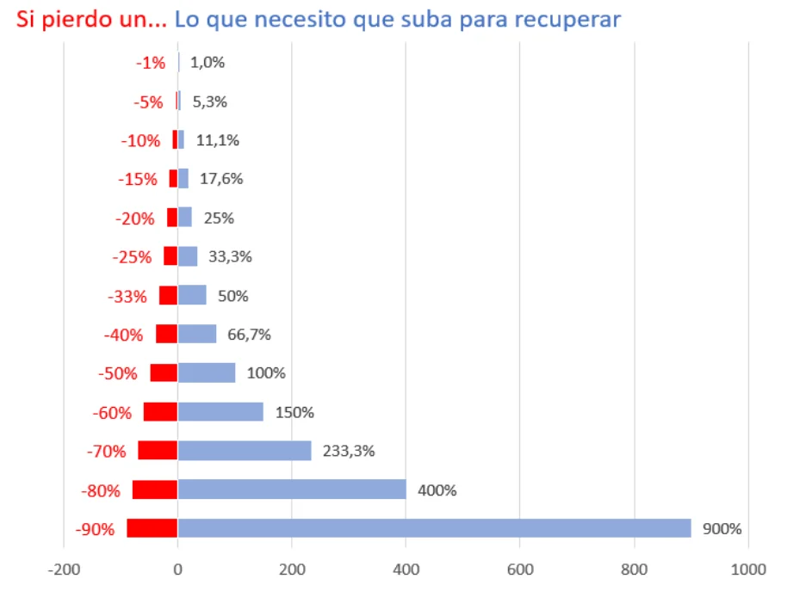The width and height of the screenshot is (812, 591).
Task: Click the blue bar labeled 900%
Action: [x=434, y=528]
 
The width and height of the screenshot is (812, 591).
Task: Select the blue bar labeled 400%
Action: [x=292, y=489]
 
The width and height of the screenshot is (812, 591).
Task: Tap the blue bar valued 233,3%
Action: [x=245, y=451]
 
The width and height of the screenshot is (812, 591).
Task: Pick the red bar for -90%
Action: [x=152, y=528]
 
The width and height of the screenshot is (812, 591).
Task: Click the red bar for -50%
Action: [x=164, y=372]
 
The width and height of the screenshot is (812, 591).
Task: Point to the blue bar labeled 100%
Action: [x=207, y=372]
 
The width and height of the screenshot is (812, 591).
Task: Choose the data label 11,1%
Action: [x=219, y=140]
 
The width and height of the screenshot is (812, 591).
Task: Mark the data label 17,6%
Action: [x=221, y=179]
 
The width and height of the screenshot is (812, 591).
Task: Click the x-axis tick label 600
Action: [x=519, y=569]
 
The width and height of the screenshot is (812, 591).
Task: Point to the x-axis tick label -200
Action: [x=63, y=569]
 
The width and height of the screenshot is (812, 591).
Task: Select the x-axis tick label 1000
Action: [x=747, y=569]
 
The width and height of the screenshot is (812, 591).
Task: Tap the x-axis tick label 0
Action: [x=177, y=569]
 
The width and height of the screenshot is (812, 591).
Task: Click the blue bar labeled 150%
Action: [x=220, y=412]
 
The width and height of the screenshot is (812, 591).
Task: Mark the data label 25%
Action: [x=219, y=218]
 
